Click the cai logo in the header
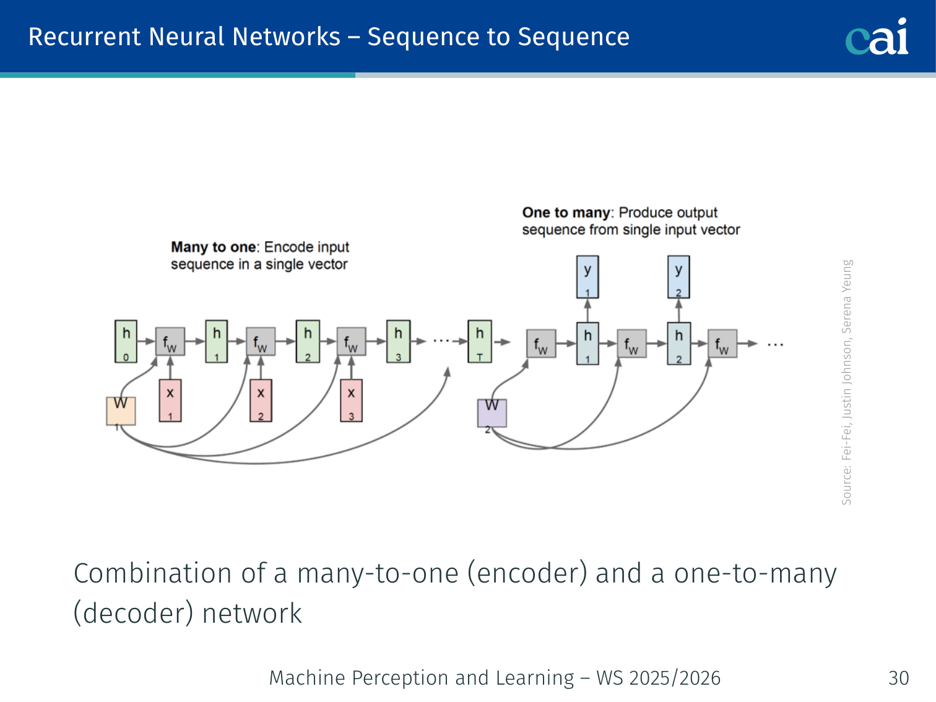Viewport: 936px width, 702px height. coord(877,37)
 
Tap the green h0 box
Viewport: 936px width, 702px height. coord(126,341)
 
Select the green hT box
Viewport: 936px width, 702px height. coord(480,341)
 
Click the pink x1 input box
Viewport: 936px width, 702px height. coord(170,401)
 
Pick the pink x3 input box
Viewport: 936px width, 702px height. coord(351,401)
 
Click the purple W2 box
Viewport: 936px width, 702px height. coord(492,413)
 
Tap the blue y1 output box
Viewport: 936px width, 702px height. coord(587,277)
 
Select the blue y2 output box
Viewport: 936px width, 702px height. coord(678,277)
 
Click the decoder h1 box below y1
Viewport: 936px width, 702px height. coord(587,343)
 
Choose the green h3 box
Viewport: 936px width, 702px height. coord(398,341)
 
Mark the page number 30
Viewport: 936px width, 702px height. coord(898,678)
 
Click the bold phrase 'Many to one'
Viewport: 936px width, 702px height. coord(213,247)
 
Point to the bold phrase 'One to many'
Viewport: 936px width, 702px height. coord(566,212)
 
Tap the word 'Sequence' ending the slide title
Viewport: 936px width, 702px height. coord(573,37)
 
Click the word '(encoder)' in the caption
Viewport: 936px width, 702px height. coord(527,573)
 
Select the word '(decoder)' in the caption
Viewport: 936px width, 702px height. coord(134,613)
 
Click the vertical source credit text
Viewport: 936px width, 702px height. coord(847,381)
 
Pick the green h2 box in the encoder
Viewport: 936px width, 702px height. coord(308,341)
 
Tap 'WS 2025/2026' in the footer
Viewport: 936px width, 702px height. coord(658,678)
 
